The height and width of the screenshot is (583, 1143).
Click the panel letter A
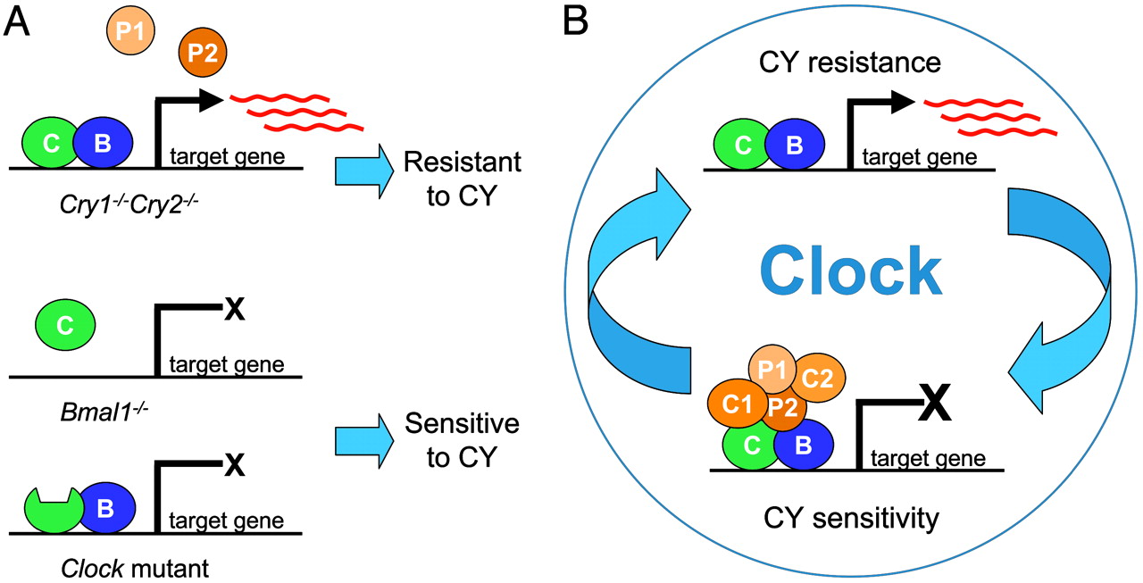(20, 21)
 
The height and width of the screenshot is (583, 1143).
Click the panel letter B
(575, 21)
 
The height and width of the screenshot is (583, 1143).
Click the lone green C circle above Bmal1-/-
(64, 326)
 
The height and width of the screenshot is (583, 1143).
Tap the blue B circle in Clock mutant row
(103, 509)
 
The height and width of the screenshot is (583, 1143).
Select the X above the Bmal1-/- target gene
(234, 311)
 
